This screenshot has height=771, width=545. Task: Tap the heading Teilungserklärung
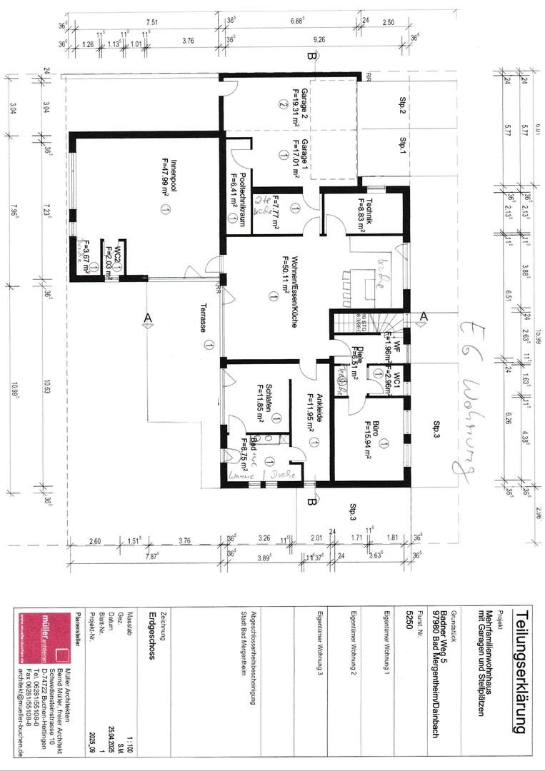(521, 671)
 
